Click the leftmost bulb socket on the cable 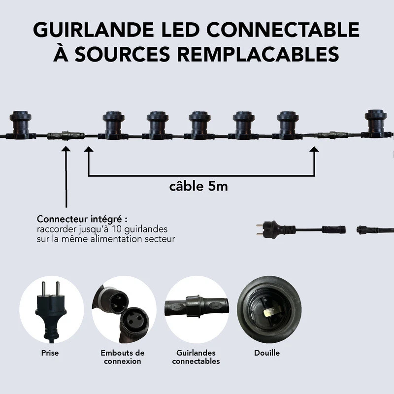21,123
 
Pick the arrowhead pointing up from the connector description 66,148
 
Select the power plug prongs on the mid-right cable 260,229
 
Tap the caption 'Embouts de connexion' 123,357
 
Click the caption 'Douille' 267,353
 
